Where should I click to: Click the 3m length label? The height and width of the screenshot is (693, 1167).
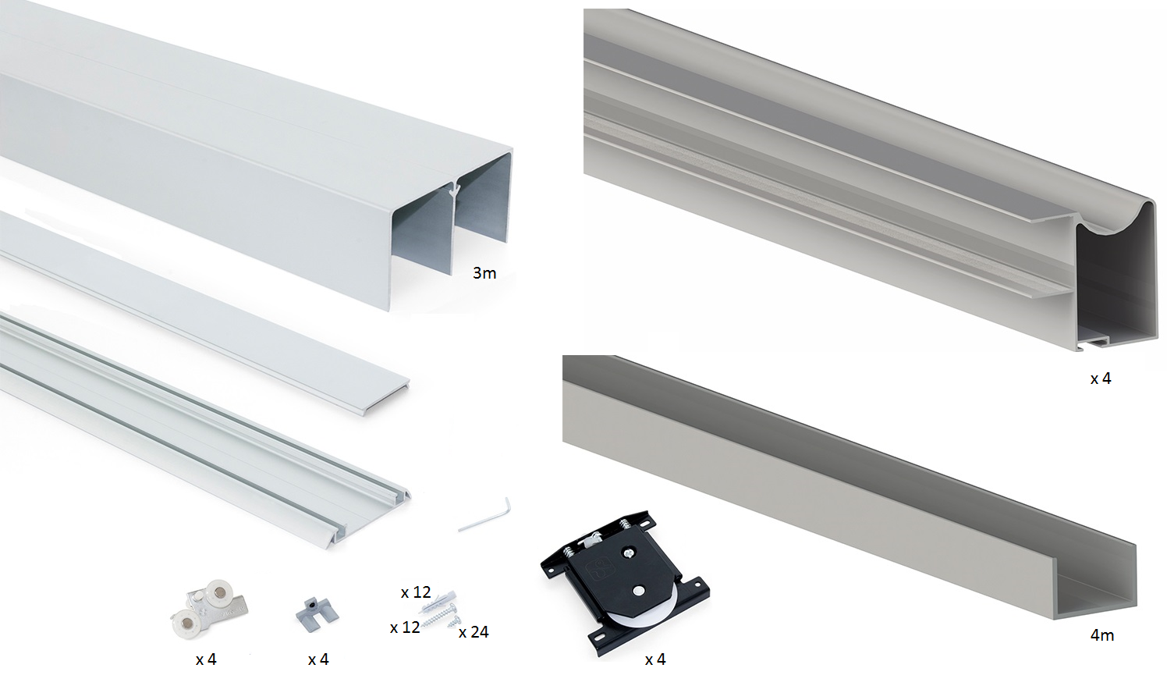(x=484, y=273)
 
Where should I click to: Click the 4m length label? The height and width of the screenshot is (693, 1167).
(x=1102, y=635)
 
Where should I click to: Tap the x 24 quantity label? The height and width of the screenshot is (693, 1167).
(x=474, y=632)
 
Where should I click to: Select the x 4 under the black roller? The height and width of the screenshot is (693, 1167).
(x=654, y=659)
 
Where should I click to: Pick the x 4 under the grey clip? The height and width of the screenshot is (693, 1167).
(x=318, y=659)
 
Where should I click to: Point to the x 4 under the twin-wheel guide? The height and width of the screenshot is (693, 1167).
(x=206, y=659)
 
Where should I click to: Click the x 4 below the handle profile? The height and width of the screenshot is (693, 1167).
(x=1101, y=378)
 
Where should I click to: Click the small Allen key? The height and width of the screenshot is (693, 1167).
(x=484, y=516)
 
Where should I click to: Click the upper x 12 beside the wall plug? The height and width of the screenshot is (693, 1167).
(x=416, y=592)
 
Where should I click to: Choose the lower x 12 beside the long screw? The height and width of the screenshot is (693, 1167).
(x=405, y=627)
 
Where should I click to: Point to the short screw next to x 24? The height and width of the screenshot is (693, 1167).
(x=454, y=620)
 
